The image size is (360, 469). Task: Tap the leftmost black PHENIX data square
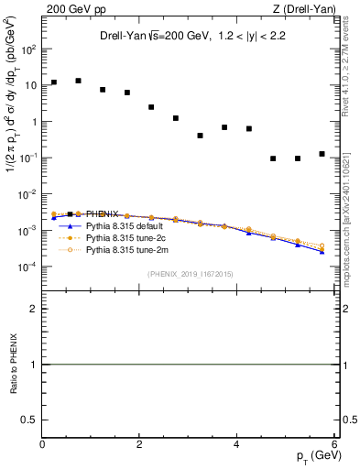click(54, 82)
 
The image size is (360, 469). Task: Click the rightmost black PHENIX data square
click(322, 154)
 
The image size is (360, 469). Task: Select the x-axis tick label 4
click(236, 445)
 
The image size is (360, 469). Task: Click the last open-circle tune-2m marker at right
click(322, 245)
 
